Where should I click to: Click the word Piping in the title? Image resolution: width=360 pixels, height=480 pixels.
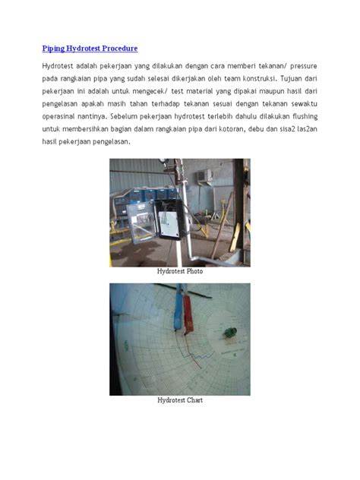[x=54, y=49]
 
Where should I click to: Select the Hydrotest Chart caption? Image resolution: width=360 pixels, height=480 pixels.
[x=180, y=399]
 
